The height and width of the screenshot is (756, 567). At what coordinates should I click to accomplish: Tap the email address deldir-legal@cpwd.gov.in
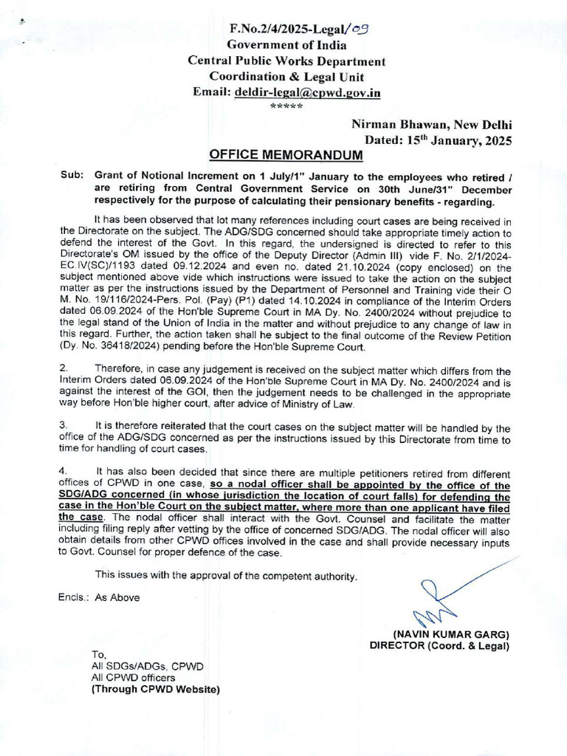pos(309,92)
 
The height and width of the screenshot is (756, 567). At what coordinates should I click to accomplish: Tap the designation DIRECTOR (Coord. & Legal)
pos(439,647)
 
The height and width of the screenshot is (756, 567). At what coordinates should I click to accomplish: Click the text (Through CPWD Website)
pos(155,690)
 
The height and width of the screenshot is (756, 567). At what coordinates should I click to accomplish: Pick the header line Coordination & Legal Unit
pos(286,76)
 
